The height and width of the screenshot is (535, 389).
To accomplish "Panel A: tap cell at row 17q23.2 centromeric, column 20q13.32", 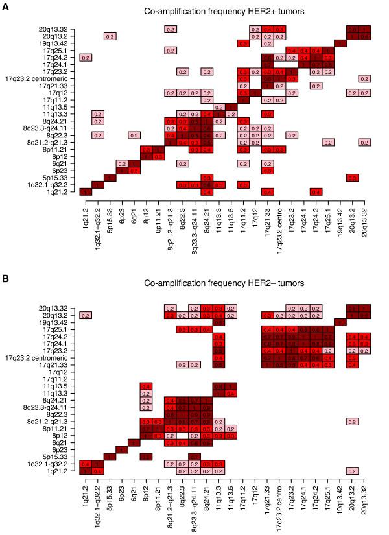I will tap(364, 78).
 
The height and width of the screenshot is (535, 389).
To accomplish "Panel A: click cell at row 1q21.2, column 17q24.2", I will tap(316, 191).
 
